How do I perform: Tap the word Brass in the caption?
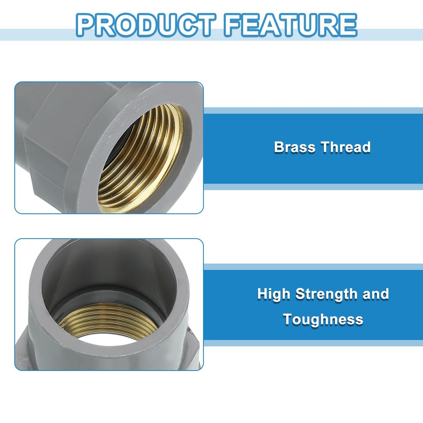295,147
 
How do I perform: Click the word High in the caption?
274,294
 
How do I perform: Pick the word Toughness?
323,319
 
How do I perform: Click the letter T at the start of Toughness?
288,319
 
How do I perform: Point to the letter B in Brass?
279,147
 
